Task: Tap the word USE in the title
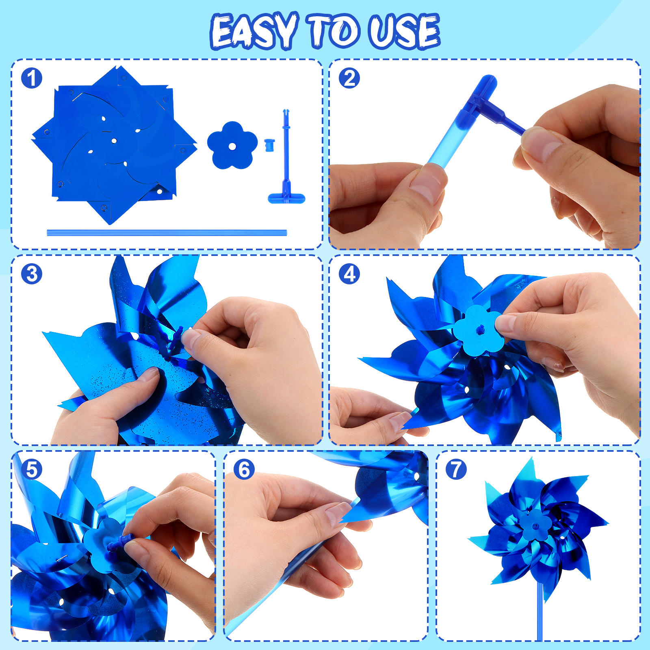pos(404,31)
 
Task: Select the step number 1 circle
pos(32,78)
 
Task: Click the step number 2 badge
pos(349,78)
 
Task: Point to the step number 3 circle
pos(32,274)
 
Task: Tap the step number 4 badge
pos(349,274)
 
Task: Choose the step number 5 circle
pos(32,469)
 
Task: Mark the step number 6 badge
pos(244,469)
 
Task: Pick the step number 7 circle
pos(456,469)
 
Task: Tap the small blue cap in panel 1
pos(269,145)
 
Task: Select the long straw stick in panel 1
pos(167,233)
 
